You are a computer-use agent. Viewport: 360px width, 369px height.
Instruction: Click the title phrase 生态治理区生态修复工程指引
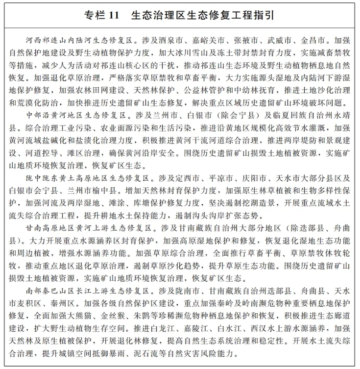coord(202,16)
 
